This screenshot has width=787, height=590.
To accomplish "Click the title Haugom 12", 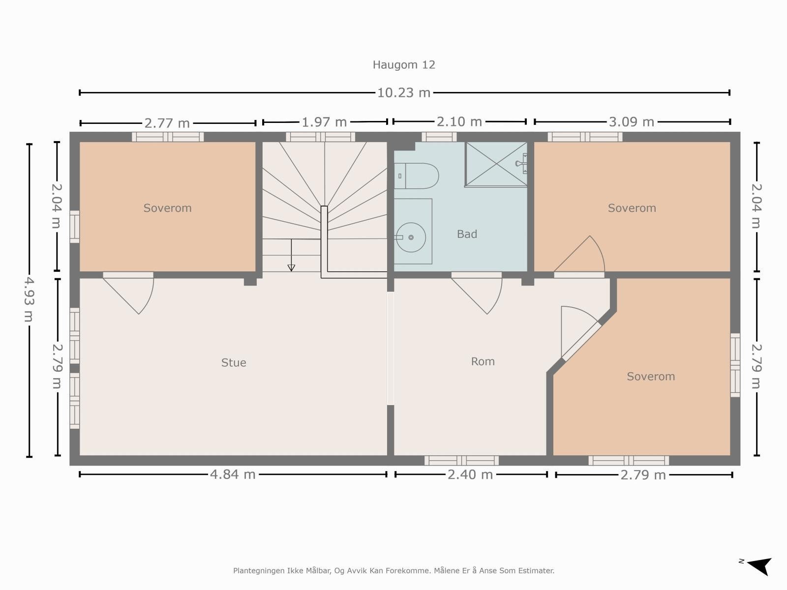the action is coord(404,65).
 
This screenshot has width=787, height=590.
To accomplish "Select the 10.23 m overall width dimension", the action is coord(404,93).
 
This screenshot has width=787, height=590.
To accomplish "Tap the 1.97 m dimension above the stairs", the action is coord(324,122).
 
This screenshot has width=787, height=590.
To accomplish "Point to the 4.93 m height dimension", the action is coord(29,300).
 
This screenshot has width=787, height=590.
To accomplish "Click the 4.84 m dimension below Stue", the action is coord(233,474).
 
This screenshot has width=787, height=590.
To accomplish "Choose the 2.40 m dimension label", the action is coord(470,474).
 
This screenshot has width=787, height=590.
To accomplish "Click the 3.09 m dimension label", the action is coord(632,122).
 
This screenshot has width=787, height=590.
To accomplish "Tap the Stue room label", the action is coord(234,362).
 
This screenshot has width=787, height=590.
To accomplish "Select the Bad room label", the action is coord(467,234).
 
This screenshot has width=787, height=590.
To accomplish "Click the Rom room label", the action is coord(483,361).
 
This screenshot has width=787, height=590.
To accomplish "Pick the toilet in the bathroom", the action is coord(416,176).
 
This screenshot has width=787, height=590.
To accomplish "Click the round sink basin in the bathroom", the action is coord(411,237).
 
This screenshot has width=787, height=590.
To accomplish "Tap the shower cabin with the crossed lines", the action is coord(496,164).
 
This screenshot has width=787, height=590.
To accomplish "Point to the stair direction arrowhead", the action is coord(291,267).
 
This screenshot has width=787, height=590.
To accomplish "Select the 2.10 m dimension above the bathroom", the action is coord(459,122).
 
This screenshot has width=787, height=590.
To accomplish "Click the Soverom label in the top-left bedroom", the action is coord(167,208).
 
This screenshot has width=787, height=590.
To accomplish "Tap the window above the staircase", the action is coord(321,137).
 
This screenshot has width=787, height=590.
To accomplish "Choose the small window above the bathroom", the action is coord(439,137).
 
